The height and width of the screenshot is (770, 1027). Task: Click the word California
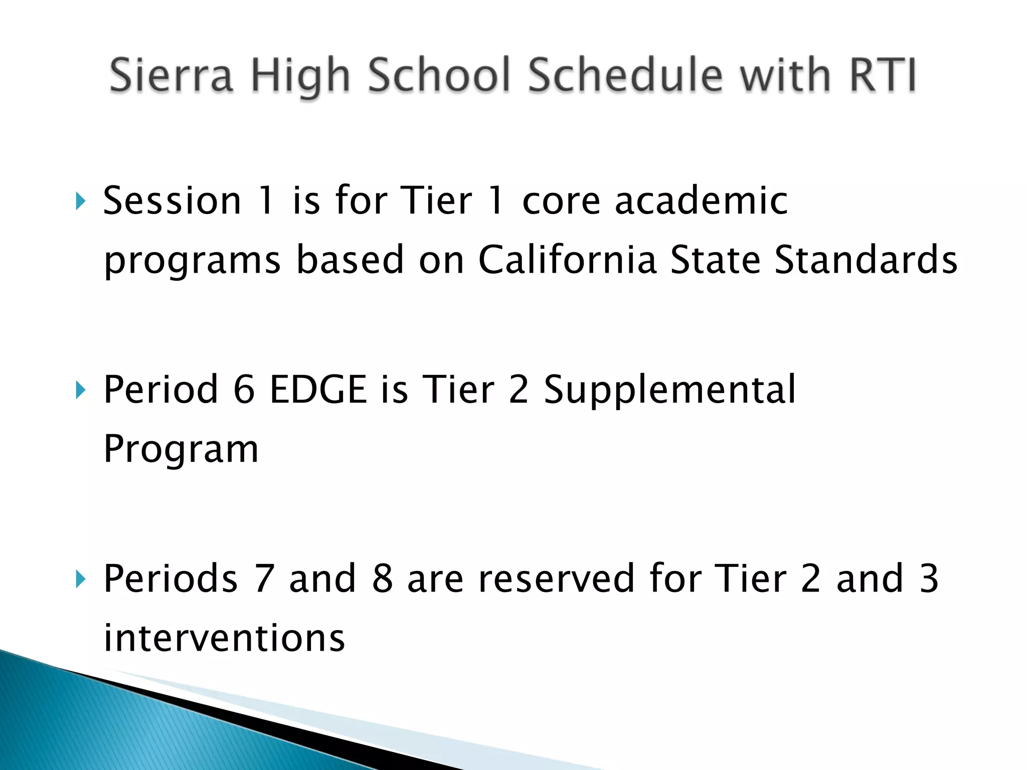pos(567,260)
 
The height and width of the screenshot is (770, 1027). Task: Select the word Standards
pos(866,260)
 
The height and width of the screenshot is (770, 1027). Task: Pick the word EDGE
pos(318,390)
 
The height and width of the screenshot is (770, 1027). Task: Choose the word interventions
pos(224,638)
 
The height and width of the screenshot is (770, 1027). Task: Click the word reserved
pos(557,579)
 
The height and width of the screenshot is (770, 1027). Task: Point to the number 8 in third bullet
pos(382,579)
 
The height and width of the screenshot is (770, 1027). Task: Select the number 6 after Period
pos(244,390)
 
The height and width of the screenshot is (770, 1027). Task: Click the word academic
pos(701,201)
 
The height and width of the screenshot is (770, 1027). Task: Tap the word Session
pos(172,201)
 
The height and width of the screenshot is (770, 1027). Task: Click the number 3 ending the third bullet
pos(929,579)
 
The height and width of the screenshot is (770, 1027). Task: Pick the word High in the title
pos(300,76)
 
